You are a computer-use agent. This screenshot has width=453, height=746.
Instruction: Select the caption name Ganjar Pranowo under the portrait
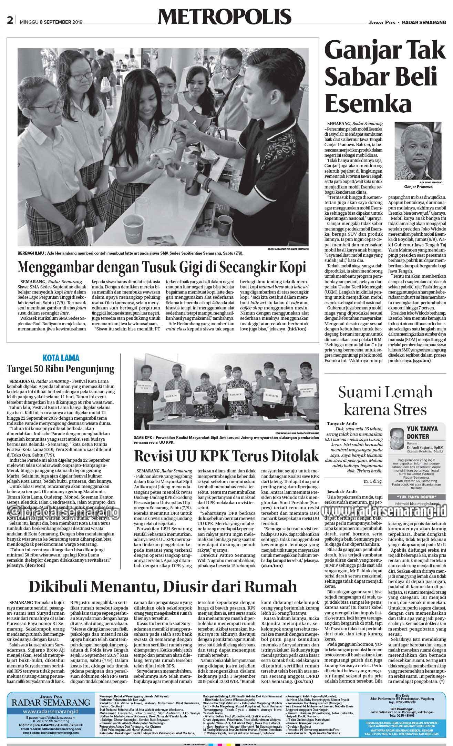coord(419,186)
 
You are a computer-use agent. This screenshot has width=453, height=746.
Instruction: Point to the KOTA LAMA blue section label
coord(61,358)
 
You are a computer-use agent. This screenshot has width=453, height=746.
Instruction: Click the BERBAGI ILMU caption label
coord(31,253)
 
